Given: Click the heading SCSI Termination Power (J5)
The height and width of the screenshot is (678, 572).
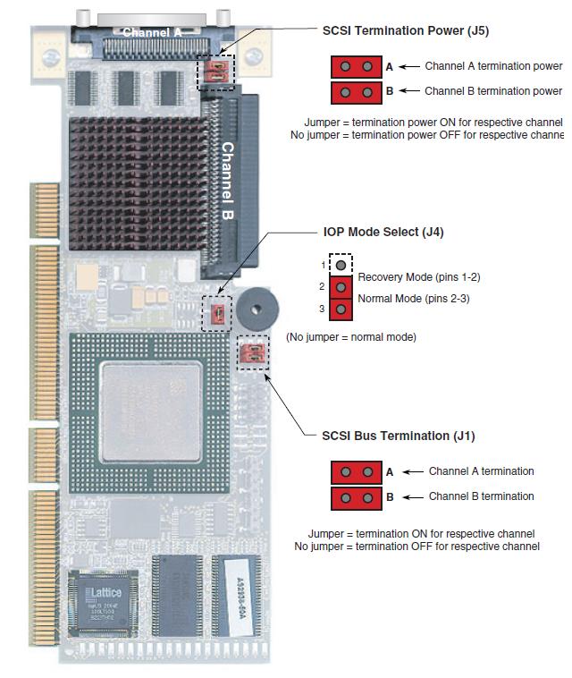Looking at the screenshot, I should (x=405, y=30).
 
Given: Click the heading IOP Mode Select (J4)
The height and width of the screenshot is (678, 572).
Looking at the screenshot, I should (x=383, y=233).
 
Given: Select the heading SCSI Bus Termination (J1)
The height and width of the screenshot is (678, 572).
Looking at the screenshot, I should (x=398, y=436).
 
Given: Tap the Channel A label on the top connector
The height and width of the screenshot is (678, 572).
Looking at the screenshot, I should (x=152, y=33).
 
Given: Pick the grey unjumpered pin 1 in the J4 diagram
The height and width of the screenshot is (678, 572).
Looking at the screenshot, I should (x=341, y=266).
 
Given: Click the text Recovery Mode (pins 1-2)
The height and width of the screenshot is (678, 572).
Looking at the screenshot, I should (x=407, y=277).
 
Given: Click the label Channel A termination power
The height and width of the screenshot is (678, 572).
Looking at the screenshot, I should (x=492, y=66).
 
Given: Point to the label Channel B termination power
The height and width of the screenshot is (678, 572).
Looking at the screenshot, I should (x=492, y=90).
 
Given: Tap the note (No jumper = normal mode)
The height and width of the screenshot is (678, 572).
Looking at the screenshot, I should (x=350, y=337).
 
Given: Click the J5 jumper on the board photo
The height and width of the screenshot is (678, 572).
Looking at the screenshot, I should (x=215, y=72).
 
